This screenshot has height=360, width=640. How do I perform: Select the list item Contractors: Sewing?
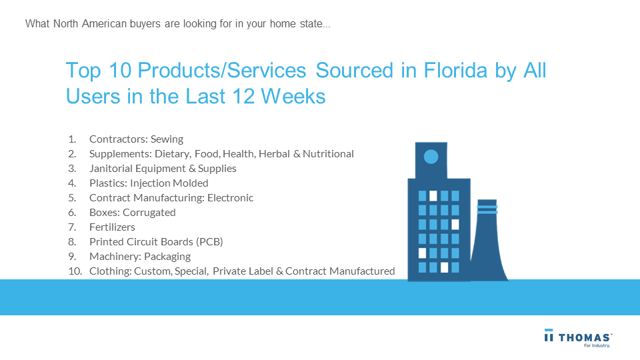click(x=136, y=139)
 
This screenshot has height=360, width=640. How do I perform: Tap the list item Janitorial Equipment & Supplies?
click(x=163, y=169)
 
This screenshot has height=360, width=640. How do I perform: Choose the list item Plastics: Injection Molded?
click(x=149, y=183)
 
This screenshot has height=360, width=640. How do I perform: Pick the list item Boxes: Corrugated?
click(x=132, y=213)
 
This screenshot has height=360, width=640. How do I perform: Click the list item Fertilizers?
click(x=112, y=227)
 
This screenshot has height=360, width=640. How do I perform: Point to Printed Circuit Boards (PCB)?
click(x=156, y=242)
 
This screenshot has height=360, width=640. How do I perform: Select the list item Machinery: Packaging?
click(x=140, y=257)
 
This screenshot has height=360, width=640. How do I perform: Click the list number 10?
click(x=74, y=271)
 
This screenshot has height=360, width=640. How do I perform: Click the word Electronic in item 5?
click(x=230, y=198)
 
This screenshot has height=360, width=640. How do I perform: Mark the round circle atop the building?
click(x=431, y=157)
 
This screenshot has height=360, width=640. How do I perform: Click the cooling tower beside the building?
click(x=488, y=247)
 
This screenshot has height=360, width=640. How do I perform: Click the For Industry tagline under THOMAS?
click(x=597, y=345)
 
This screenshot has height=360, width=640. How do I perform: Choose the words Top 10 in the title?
click(x=99, y=70)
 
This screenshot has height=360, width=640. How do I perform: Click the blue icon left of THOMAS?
click(x=549, y=335)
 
